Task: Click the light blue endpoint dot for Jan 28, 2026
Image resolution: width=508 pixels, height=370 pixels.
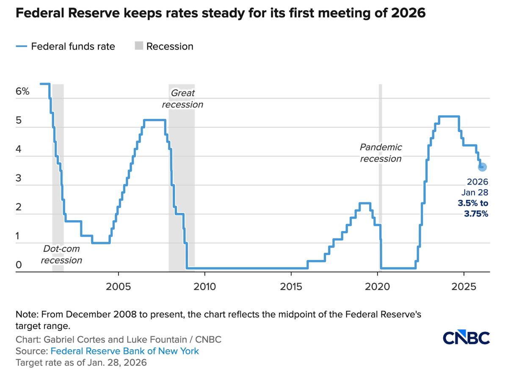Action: pyautogui.click(x=482, y=167)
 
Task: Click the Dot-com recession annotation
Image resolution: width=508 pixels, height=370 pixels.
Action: pyautogui.click(x=61, y=254)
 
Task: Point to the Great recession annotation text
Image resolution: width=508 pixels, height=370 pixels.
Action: pyautogui.click(x=182, y=99)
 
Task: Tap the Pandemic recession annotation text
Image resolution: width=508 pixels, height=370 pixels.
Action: pyautogui.click(x=381, y=153)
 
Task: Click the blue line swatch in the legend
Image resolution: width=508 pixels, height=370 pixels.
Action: pyautogui.click(x=21, y=46)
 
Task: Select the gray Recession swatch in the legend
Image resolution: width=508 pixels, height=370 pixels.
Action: pyautogui.click(x=139, y=46)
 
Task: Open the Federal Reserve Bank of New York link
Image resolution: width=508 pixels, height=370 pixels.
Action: pyautogui.click(x=124, y=351)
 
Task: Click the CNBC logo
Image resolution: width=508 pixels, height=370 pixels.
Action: pyautogui.click(x=466, y=338)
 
